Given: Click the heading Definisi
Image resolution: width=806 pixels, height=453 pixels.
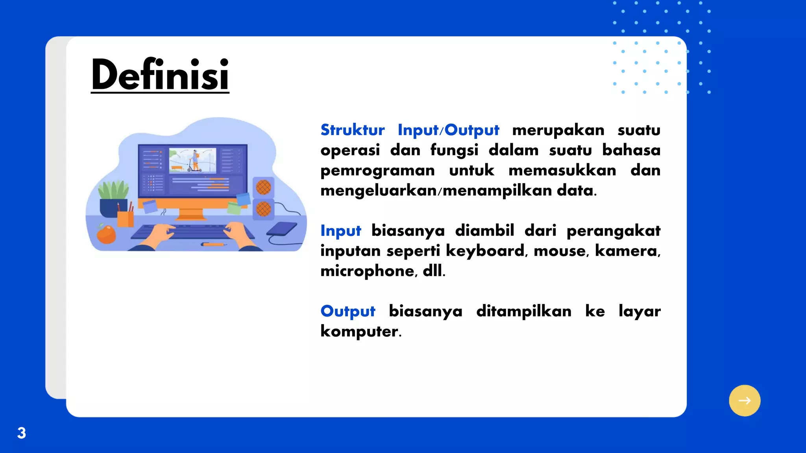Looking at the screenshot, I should (160, 75).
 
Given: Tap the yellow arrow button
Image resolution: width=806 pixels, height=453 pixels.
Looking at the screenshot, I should (744, 400).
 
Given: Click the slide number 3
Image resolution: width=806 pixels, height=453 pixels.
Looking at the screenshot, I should (22, 433).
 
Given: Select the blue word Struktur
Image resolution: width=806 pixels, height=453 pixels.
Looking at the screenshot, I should (352, 130).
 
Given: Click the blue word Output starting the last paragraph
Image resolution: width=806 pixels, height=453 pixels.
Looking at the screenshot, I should (348, 311).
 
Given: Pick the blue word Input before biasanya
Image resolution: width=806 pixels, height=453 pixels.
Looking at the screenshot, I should (340, 230).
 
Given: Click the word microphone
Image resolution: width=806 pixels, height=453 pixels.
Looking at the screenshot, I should (369, 271).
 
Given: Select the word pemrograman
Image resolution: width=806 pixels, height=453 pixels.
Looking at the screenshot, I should (377, 171).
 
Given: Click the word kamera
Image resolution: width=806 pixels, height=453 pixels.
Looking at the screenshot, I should (627, 250).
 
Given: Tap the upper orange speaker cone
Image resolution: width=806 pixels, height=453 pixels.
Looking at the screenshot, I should (263, 187).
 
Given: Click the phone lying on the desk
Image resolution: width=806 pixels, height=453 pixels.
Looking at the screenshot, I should (282, 229).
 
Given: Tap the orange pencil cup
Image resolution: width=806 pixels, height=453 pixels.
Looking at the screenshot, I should (126, 219).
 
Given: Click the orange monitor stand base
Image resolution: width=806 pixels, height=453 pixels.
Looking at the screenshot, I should (191, 216).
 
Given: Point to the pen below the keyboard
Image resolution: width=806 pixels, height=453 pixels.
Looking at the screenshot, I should (214, 245).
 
